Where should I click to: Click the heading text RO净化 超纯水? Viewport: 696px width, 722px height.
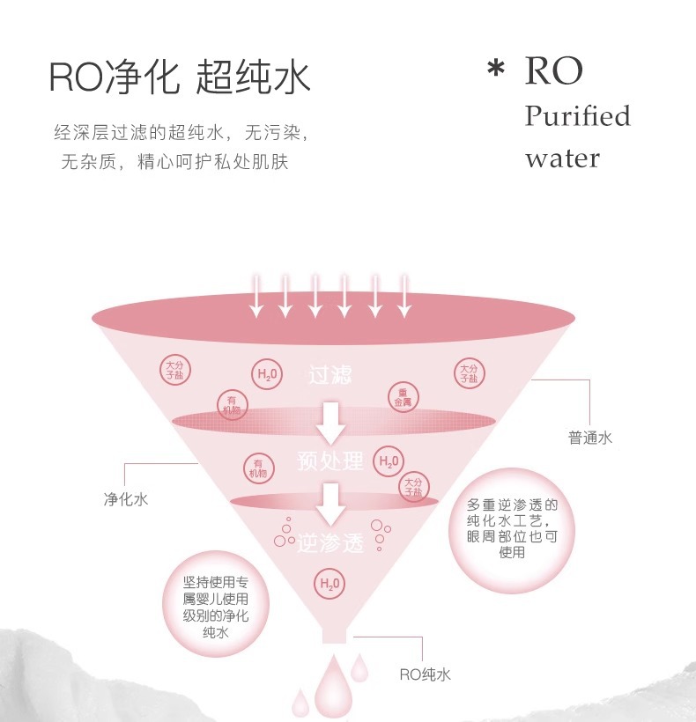tap(180, 77)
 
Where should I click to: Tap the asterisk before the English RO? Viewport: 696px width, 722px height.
tap(496, 70)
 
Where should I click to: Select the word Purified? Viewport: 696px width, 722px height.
tap(578, 116)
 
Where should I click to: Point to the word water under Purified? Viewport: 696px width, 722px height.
tap(562, 159)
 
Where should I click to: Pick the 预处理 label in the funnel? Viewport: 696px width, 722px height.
tap(330, 461)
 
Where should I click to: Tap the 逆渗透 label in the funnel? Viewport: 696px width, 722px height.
tap(330, 543)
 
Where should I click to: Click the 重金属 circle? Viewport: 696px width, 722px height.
tap(404, 397)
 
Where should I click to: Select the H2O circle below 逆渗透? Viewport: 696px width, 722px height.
tap(329, 583)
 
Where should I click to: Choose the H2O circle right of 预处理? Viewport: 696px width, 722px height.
tap(388, 460)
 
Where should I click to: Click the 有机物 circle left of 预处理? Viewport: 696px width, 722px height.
tap(257, 468)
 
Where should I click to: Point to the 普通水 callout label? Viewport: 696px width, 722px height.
tap(589, 438)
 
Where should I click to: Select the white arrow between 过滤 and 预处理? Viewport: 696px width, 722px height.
tap(331, 423)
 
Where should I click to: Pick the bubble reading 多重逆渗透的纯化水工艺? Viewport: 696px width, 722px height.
tap(512, 529)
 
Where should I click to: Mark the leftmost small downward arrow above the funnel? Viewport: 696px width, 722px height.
tap(255, 295)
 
